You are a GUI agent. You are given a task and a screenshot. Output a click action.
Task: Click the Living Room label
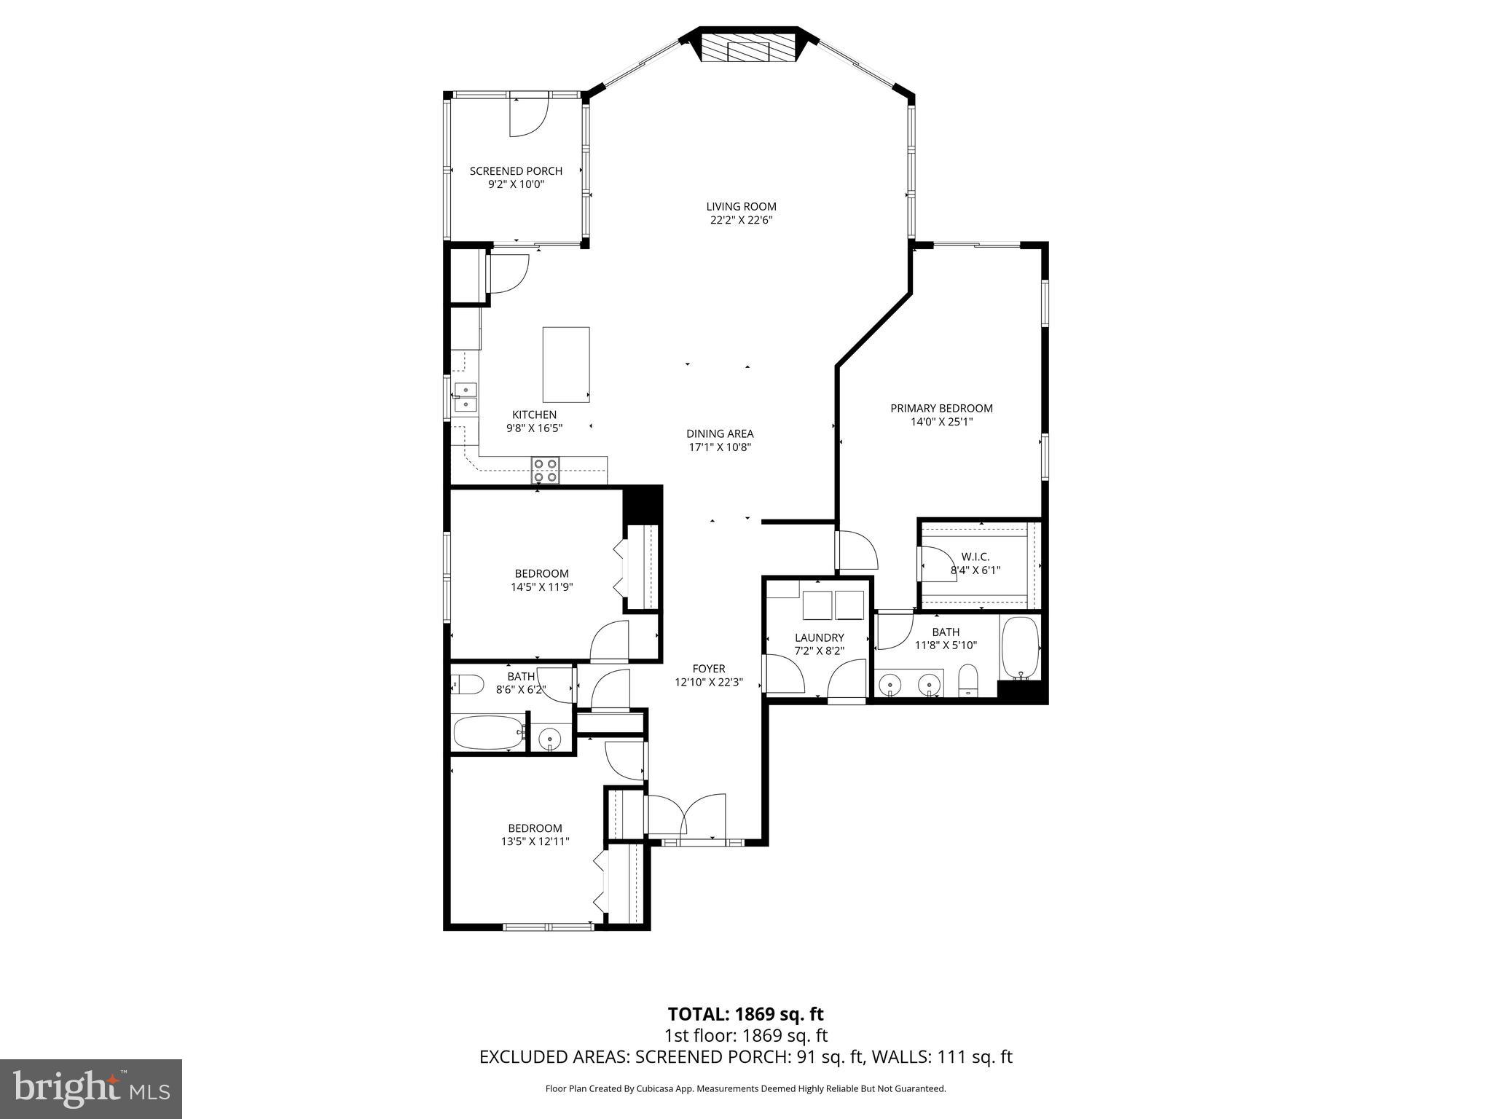741,206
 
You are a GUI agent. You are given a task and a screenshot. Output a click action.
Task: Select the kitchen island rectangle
565,364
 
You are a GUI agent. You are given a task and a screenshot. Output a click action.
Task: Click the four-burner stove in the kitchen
545,470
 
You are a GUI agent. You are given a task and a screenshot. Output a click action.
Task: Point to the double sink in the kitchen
466,397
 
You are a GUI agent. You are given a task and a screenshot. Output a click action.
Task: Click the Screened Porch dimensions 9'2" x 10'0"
516,184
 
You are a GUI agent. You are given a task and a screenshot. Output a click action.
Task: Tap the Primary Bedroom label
941,408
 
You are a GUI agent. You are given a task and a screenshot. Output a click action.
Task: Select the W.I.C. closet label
975,557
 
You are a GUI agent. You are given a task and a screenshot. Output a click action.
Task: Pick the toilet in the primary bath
967,681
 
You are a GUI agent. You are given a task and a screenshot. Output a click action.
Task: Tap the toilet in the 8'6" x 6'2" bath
468,685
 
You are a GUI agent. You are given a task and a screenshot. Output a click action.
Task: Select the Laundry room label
819,637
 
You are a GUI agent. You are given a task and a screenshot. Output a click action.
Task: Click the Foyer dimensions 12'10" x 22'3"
709,683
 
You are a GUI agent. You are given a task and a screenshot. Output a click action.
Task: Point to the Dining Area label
719,433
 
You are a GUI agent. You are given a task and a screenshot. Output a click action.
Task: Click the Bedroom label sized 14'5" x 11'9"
541,573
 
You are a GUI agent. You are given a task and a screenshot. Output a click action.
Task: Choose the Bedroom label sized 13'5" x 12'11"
535,828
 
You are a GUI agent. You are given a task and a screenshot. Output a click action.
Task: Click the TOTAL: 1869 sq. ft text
745,1014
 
